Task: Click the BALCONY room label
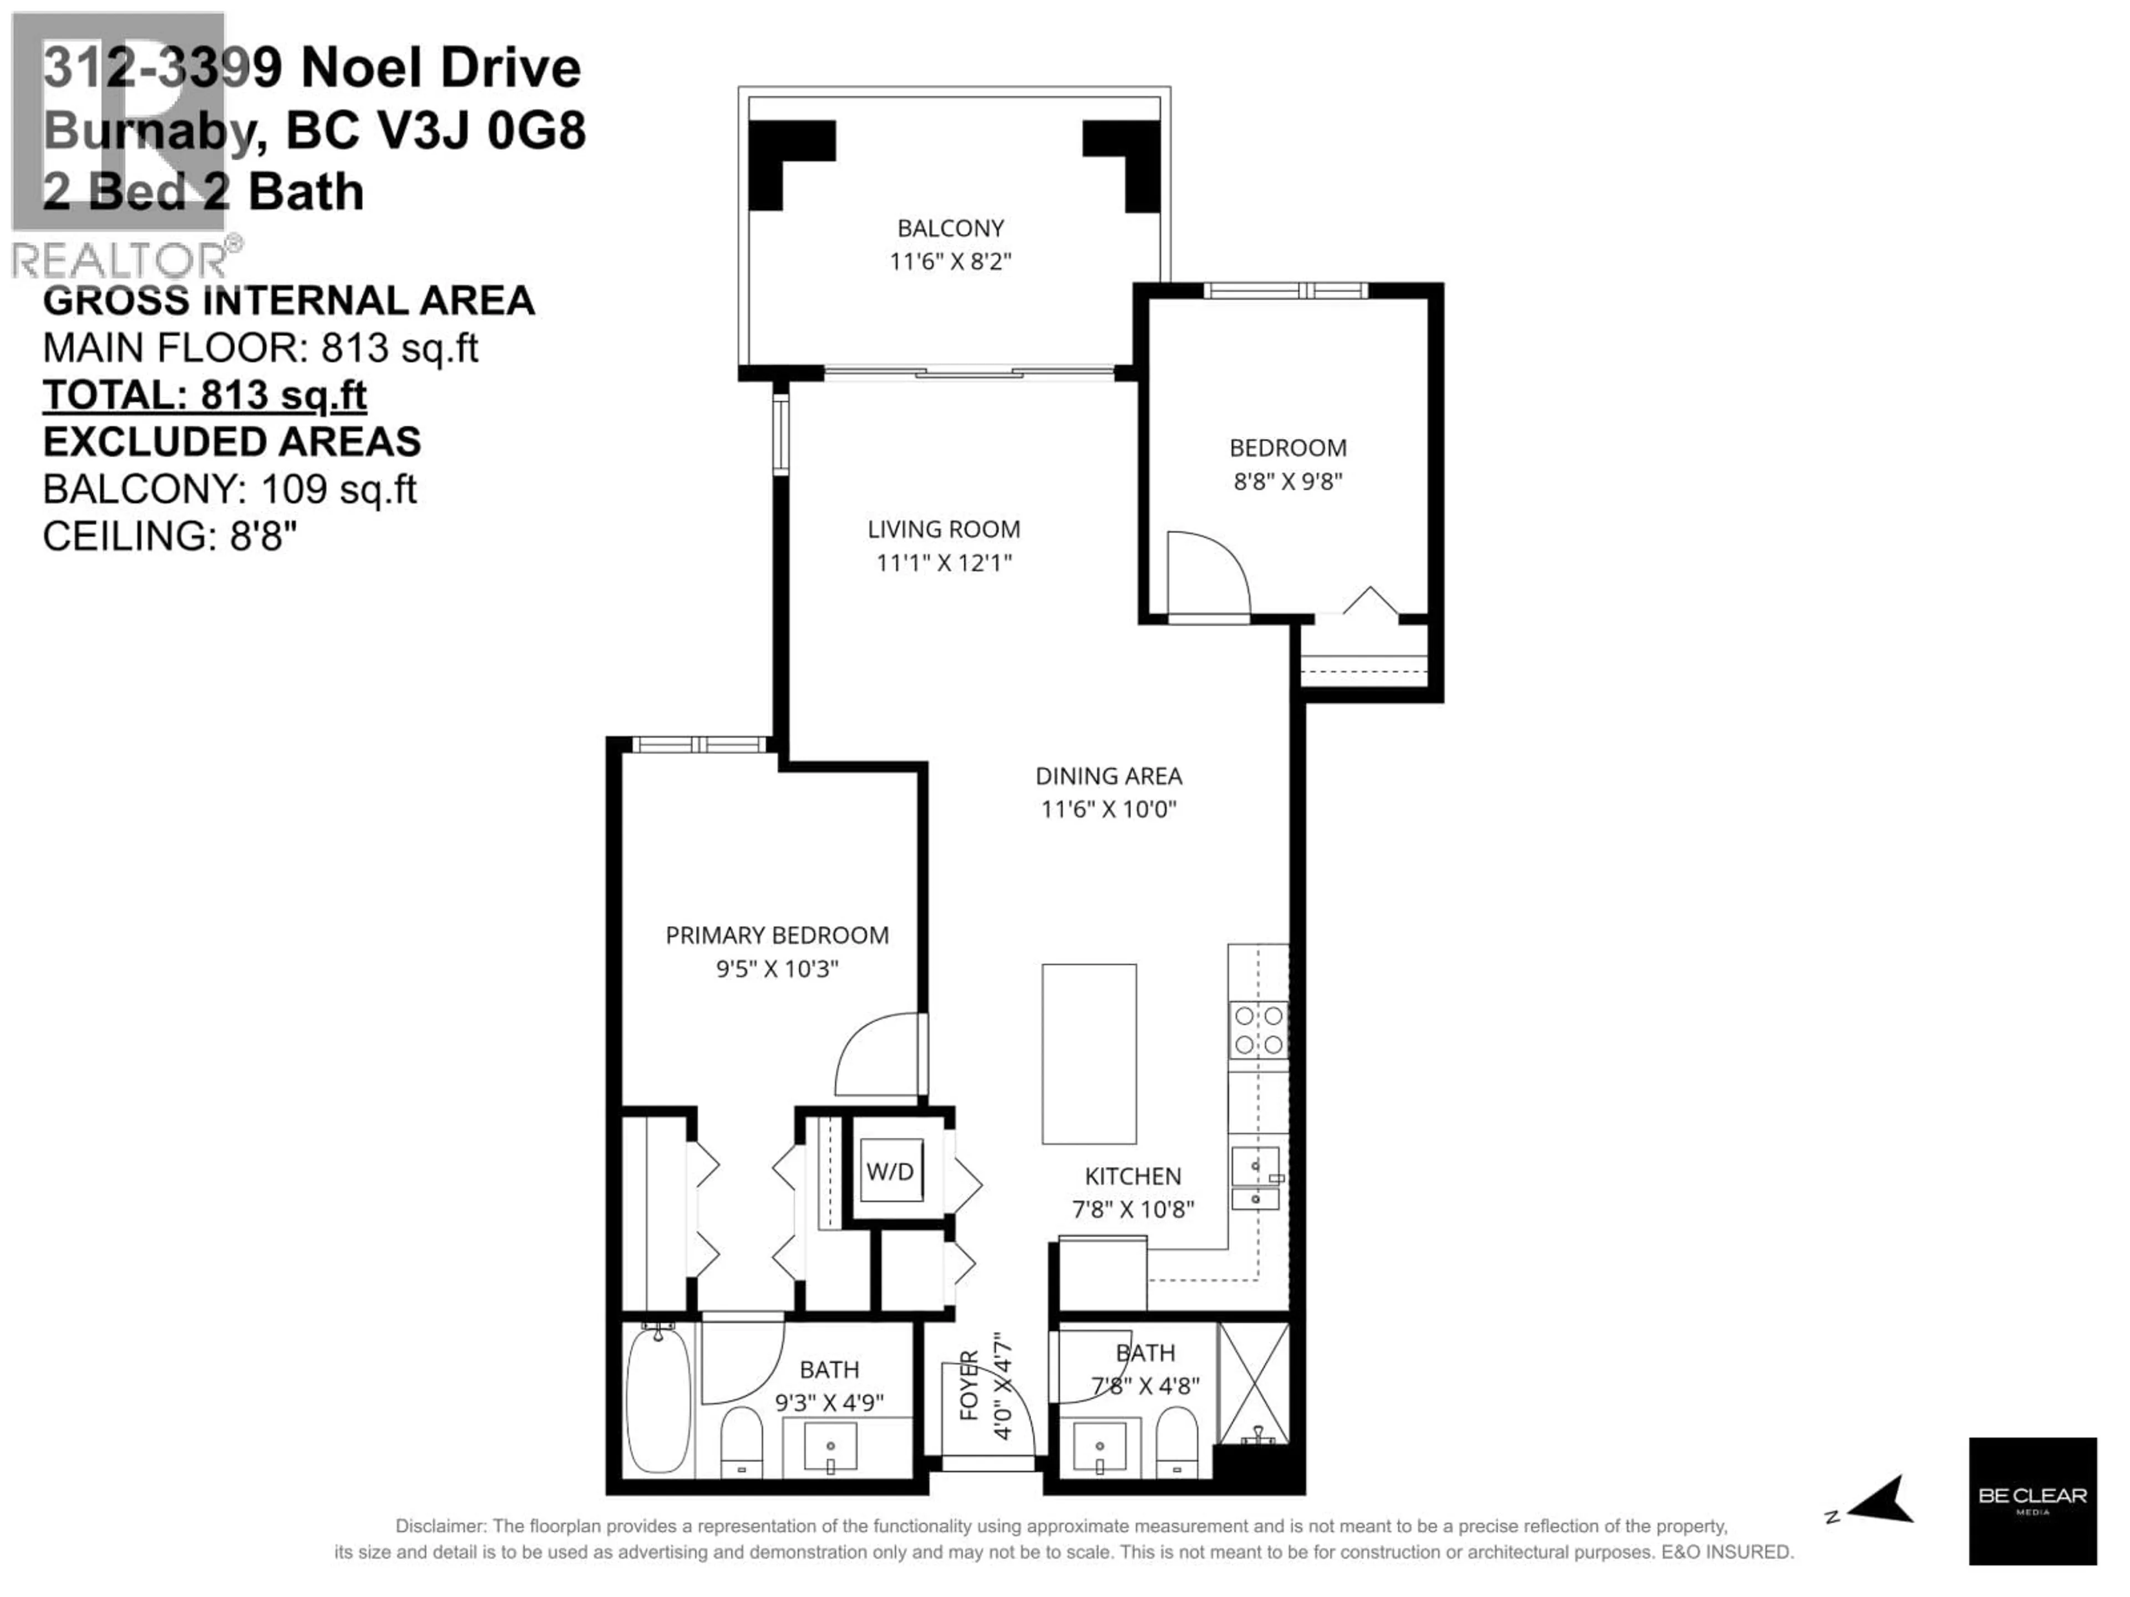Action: [950, 228]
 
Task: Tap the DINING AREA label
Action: [1108, 776]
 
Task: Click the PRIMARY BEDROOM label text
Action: [777, 935]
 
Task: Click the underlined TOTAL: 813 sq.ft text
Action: [204, 395]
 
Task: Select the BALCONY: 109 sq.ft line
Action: [229, 489]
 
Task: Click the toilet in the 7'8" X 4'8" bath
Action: [1176, 1441]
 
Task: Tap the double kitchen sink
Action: [1256, 1178]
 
